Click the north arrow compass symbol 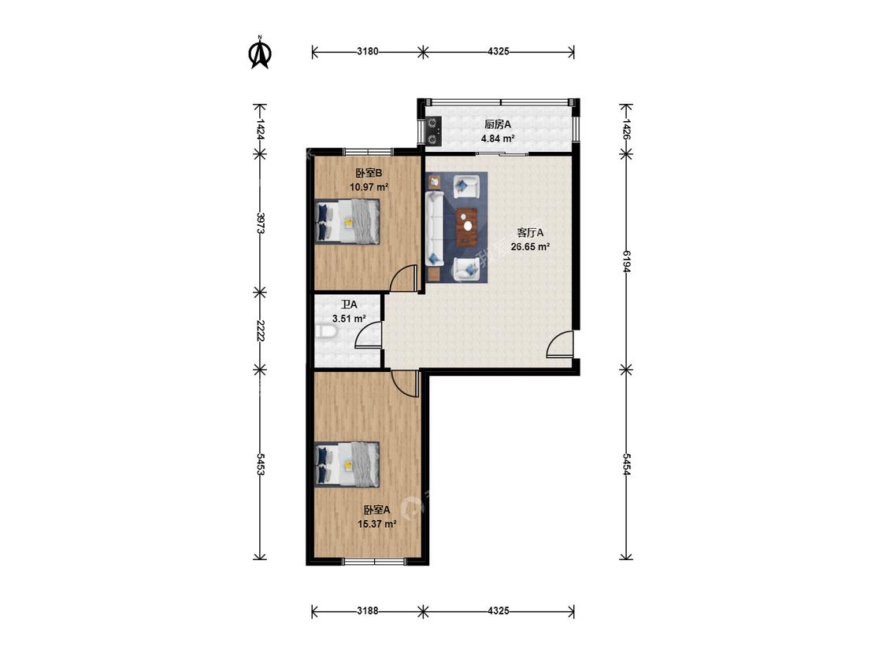point(261,53)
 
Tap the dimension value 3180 point(367,52)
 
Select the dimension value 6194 point(626,261)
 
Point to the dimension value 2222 point(260,331)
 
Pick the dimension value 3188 point(367,611)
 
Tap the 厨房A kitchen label point(497,125)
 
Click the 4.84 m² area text point(497,138)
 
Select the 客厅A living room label point(530,233)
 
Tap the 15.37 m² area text point(377,524)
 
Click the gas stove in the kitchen point(433,131)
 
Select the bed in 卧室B point(347,221)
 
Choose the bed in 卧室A point(347,464)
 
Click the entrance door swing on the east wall point(560,344)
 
